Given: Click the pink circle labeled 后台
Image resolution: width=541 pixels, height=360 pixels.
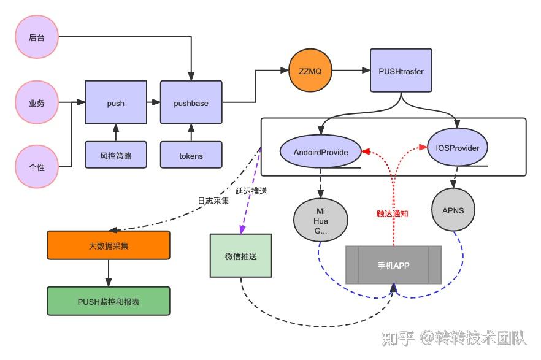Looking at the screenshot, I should pyautogui.click(x=37, y=38).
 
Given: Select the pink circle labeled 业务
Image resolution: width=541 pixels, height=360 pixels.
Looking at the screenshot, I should pyautogui.click(x=37, y=103).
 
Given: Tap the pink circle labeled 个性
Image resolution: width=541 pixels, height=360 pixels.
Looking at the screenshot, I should pyautogui.click(x=37, y=167).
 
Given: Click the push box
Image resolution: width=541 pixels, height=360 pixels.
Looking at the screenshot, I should pyautogui.click(x=115, y=103).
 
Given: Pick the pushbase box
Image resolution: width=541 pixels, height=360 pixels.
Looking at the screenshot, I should pyautogui.click(x=191, y=103).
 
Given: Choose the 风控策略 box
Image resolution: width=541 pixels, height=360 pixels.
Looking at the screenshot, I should pyautogui.click(x=115, y=155).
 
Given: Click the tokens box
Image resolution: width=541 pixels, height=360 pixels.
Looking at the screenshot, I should pyautogui.click(x=191, y=155).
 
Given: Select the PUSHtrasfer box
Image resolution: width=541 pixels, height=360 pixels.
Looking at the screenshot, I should pyautogui.click(x=401, y=71).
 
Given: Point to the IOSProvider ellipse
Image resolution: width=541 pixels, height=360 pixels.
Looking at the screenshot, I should pyautogui.click(x=457, y=148).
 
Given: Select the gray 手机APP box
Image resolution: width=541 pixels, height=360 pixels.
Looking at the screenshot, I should pyautogui.click(x=393, y=265).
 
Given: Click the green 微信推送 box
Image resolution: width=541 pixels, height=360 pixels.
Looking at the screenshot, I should pyautogui.click(x=240, y=255).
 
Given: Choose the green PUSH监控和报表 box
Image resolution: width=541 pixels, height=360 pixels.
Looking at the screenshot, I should pyautogui.click(x=109, y=301).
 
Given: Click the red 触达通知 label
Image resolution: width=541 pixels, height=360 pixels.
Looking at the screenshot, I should pyautogui.click(x=393, y=213).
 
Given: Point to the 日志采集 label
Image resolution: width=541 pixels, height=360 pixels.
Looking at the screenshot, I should pyautogui.click(x=213, y=201).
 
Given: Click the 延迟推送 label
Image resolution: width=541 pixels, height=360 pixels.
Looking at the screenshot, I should pyautogui.click(x=251, y=191).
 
